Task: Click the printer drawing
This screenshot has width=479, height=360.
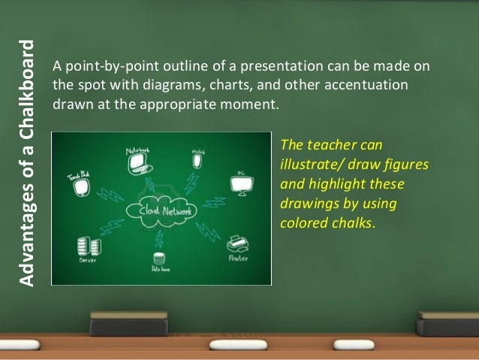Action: [236, 244]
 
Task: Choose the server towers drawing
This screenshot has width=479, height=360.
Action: [83, 246]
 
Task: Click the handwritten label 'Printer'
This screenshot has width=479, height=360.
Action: [238, 259]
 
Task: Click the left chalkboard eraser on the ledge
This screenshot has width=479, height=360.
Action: [128, 325]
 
